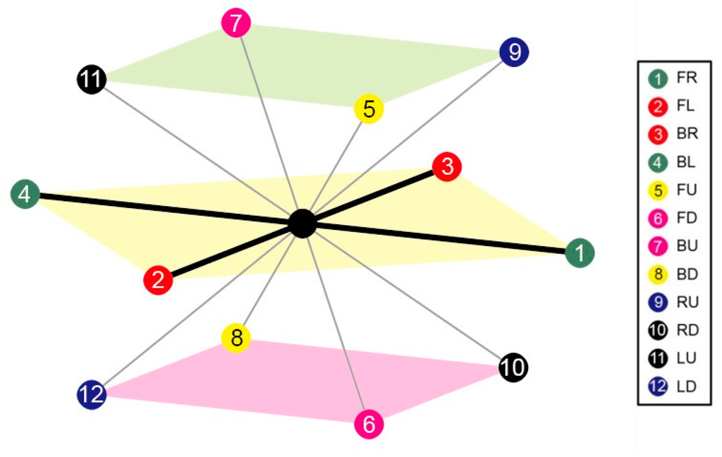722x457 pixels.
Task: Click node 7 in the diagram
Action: tap(236, 23)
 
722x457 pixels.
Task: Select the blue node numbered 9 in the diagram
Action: tap(514, 51)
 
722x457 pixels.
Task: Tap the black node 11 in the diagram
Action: tap(91, 79)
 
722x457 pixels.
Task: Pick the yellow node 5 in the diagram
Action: tap(369, 109)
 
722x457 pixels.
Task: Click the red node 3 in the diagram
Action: tap(447, 167)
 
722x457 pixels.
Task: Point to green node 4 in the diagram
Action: tap(25, 194)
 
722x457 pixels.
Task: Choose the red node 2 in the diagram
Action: tap(158, 280)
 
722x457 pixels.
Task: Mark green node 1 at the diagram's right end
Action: tap(580, 252)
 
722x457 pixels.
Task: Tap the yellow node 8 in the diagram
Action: tap(236, 338)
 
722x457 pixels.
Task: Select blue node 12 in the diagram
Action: tap(92, 394)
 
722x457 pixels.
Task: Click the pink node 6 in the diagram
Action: tap(369, 424)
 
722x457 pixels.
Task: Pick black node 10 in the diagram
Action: tap(513, 367)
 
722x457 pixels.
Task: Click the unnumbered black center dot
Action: tap(302, 224)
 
